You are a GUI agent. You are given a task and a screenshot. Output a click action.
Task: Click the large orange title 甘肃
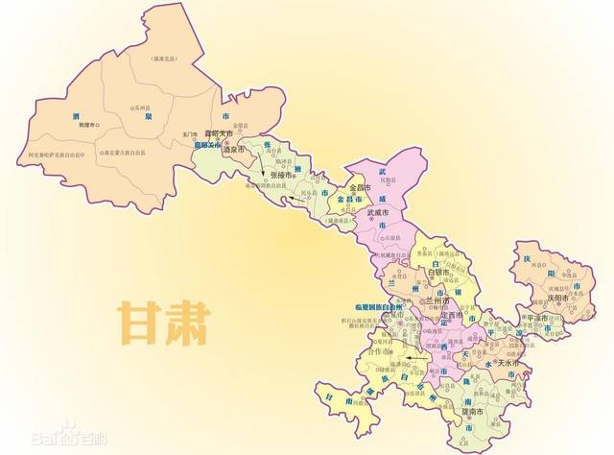[163, 324]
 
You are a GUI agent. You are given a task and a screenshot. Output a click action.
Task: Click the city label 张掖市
[287, 176]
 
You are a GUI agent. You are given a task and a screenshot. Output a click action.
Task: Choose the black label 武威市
[383, 211]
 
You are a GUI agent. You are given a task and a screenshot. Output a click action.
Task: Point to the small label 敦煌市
[89, 125]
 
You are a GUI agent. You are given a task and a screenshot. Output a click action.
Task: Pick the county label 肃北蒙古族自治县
[123, 153]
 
